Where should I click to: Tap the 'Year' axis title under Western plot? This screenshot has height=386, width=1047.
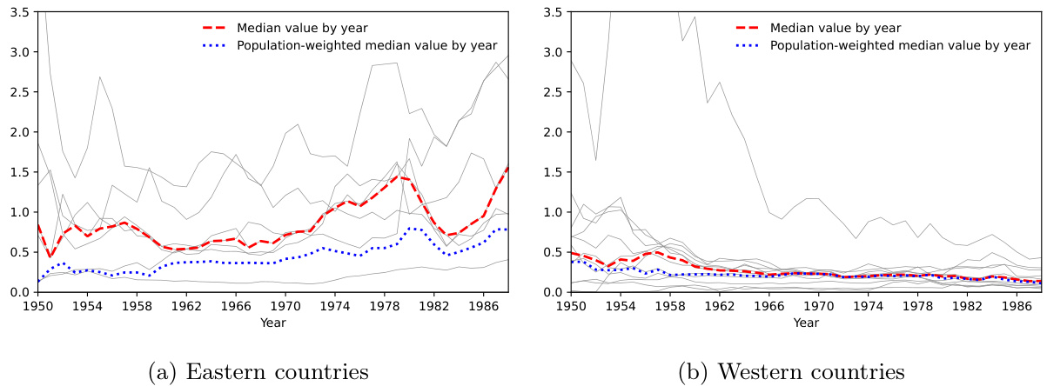coord(806,323)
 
